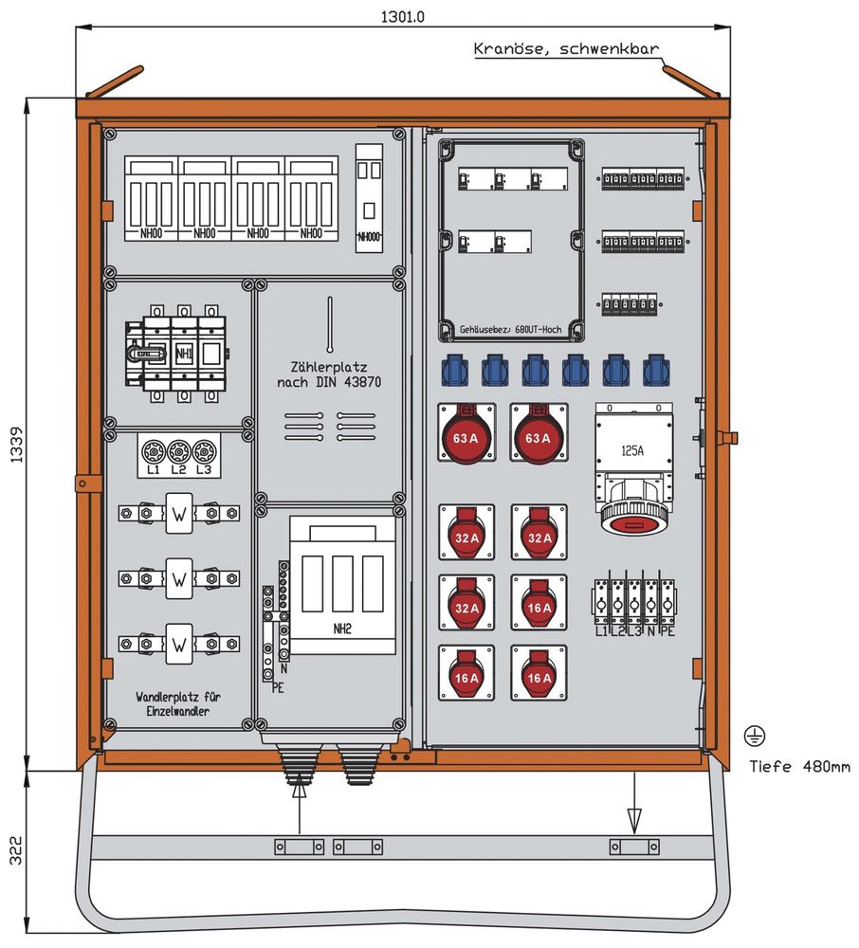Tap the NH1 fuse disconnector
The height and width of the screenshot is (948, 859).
[183, 354]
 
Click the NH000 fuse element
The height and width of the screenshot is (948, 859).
[371, 198]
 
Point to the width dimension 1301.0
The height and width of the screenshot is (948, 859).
[403, 17]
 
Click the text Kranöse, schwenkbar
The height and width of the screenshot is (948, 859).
[566, 49]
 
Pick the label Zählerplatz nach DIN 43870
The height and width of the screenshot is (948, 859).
[328, 374]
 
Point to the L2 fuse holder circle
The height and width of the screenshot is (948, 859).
[177, 450]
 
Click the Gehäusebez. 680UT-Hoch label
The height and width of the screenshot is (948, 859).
[511, 330]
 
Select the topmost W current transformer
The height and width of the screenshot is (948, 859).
[178, 513]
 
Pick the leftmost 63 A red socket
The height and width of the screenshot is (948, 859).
[466, 437]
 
